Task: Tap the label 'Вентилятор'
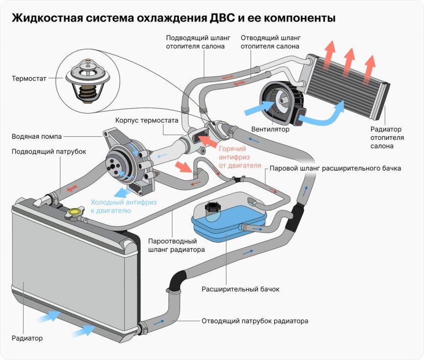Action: coord(273,129)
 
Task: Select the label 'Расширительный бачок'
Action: coord(240,289)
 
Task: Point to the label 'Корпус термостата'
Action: coord(147,121)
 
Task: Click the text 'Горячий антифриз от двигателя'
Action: coord(240,157)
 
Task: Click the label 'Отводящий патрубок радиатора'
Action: coord(254,321)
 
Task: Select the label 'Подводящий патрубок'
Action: coord(48,151)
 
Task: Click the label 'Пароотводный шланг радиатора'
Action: coord(176,245)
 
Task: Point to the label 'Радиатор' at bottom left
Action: coord(27,338)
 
